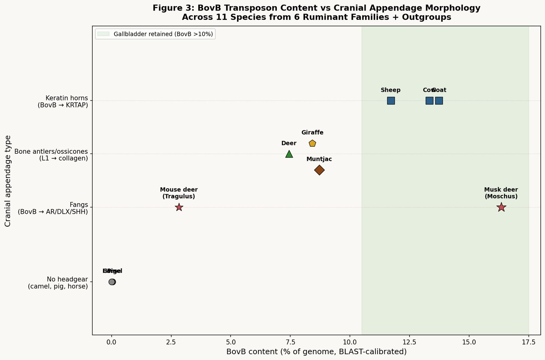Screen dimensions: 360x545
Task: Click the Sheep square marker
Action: tap(391, 101)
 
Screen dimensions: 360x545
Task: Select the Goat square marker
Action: tap(439, 101)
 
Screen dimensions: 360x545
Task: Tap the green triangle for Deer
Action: tap(289, 154)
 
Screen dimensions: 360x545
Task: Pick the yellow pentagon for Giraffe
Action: tap(312, 143)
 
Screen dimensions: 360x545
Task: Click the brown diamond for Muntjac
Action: tap(319, 170)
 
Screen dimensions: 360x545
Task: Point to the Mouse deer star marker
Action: tap(179, 207)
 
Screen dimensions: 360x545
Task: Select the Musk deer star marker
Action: tap(501, 207)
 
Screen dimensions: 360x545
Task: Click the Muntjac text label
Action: tap(319, 159)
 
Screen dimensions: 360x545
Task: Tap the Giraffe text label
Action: tap(312, 133)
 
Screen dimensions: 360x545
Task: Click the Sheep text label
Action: tap(390, 90)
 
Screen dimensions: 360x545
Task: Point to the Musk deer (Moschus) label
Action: tap(501, 193)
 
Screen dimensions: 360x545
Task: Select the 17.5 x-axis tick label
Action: tap(528, 342)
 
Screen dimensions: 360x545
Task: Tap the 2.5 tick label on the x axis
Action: tap(171, 342)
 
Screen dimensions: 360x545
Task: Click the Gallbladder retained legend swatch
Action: tap(103, 34)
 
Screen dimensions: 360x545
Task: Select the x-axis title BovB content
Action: tap(316, 352)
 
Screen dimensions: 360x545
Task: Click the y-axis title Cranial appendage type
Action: tap(8, 181)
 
